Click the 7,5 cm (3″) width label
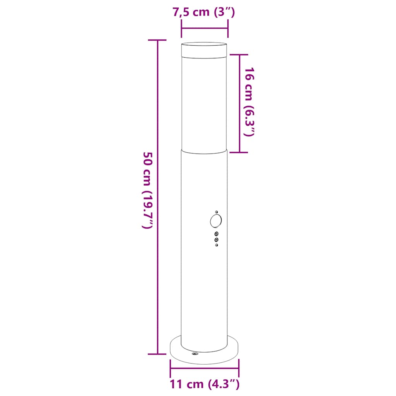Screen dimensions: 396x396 204,12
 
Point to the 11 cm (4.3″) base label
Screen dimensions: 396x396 204,384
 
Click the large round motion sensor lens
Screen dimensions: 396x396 216,221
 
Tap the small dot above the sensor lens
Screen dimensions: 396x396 217,212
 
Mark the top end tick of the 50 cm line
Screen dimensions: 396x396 157,40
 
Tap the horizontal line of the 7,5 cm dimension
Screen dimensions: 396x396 204,28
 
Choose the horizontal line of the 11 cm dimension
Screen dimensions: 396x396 204,369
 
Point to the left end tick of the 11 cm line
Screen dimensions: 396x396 170,369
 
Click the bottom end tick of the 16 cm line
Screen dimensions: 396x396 240,152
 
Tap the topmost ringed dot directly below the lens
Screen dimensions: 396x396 216,234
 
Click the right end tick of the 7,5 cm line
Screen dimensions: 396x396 228,28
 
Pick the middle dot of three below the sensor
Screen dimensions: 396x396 216,239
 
